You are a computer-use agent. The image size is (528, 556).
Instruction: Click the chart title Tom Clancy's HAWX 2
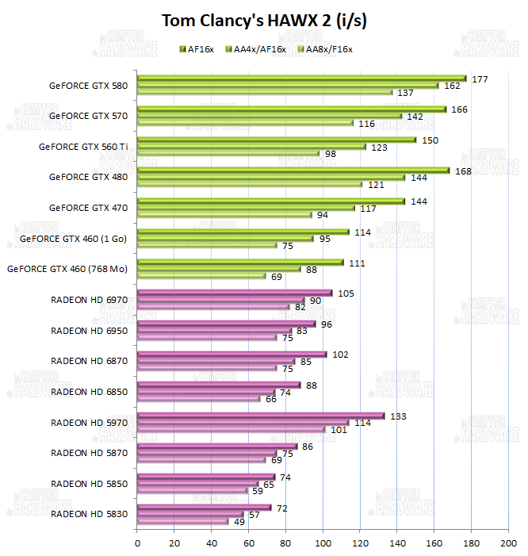pyautogui.click(x=263, y=21)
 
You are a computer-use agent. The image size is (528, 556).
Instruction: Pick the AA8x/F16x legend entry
pyautogui.click(x=325, y=48)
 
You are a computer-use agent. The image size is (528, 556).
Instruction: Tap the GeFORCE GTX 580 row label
pyautogui.click(x=88, y=85)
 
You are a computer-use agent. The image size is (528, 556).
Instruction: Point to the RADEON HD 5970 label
pyautogui.click(x=90, y=422)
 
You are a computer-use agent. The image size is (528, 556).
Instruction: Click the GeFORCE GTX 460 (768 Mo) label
pyautogui.click(x=67, y=269)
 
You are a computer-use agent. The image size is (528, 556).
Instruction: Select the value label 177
pyautogui.click(x=479, y=79)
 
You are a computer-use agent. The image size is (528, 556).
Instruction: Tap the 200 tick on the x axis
pyautogui.click(x=507, y=543)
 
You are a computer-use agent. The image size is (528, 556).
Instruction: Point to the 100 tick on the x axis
pyautogui.click(x=323, y=543)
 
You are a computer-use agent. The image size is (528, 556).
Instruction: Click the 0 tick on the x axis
pyautogui.click(x=138, y=543)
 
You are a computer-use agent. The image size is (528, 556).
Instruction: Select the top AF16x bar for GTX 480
pyautogui.click(x=293, y=170)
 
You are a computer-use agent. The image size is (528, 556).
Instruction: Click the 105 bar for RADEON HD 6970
pyautogui.click(x=235, y=293)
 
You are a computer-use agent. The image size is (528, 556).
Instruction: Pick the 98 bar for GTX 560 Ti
pyautogui.click(x=228, y=154)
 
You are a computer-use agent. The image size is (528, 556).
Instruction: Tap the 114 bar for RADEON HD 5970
pyautogui.click(x=243, y=423)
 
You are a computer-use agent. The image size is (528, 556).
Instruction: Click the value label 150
pyautogui.click(x=429, y=140)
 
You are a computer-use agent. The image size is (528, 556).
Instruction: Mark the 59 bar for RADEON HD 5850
pyautogui.click(x=193, y=491)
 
